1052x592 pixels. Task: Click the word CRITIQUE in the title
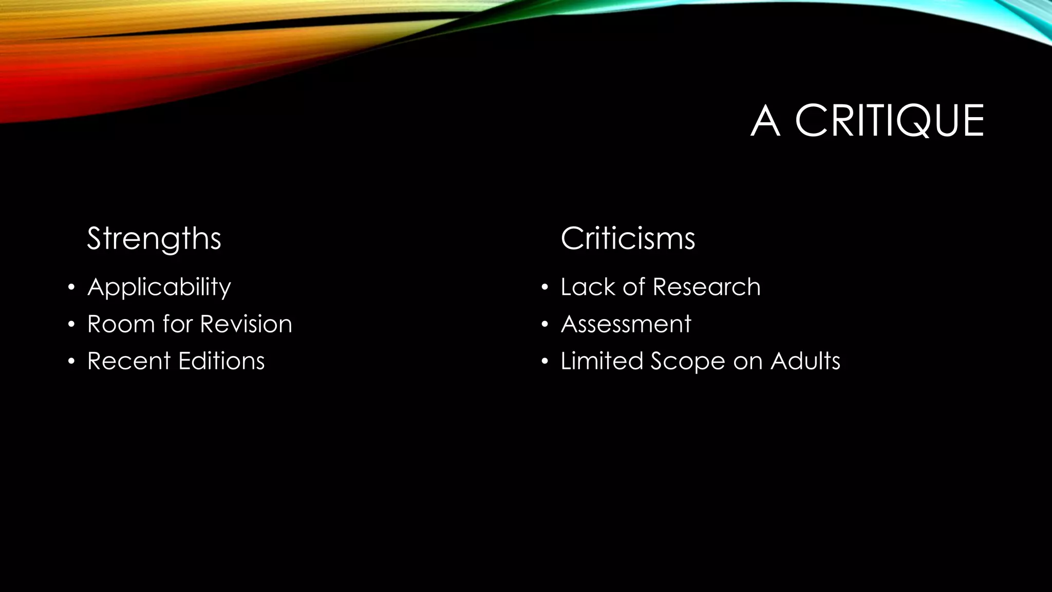(889, 121)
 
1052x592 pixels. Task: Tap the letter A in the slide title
(765, 121)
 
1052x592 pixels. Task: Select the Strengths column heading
(154, 238)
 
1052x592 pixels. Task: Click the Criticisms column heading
(628, 238)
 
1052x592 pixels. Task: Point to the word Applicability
(159, 287)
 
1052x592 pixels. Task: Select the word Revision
(246, 324)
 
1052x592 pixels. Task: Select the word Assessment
(626, 324)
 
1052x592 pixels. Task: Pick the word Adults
(805, 361)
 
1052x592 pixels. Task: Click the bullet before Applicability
(71, 287)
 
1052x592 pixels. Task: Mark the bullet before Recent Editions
(71, 361)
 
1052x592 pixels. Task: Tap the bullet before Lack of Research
(545, 287)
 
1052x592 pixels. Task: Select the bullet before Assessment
(545, 324)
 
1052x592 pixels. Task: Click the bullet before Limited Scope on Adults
(545, 361)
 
